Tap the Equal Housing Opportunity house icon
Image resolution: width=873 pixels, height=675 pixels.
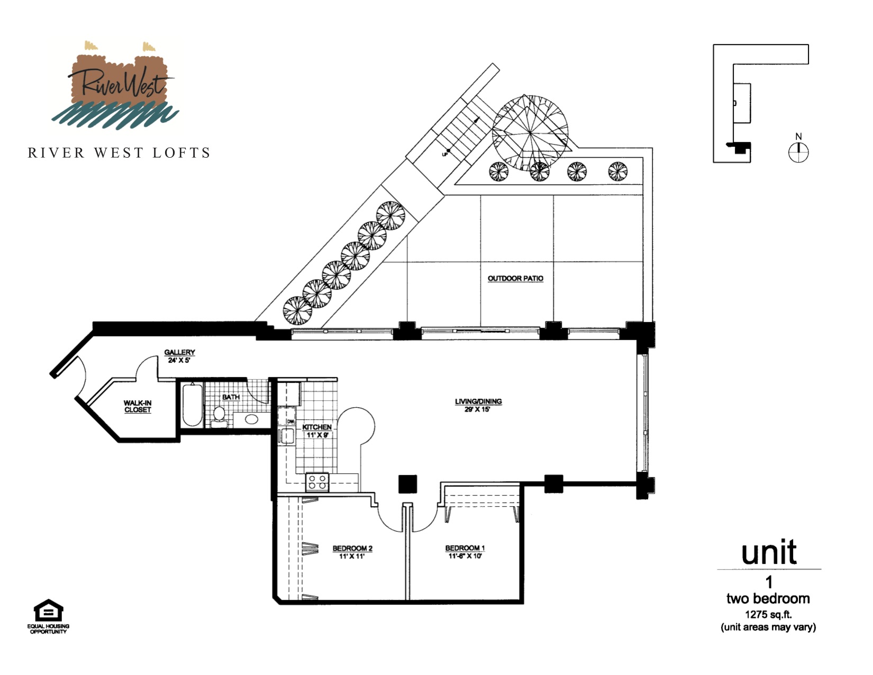(49, 610)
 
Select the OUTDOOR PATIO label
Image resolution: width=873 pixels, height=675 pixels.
(515, 278)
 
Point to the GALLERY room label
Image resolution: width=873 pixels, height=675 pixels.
(179, 352)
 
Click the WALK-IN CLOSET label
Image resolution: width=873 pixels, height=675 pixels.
(138, 406)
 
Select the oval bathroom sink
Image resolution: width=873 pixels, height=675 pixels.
(251, 419)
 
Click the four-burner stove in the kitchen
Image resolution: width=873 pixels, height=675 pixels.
(317, 482)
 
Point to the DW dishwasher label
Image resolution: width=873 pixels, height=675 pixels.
(290, 421)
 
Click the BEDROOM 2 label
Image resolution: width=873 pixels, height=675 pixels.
(352, 548)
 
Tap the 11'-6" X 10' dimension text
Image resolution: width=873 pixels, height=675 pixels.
(465, 556)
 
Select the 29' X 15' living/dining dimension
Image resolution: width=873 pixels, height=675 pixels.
(478, 409)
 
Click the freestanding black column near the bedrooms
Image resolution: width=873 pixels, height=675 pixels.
(407, 484)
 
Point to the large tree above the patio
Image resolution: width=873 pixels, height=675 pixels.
(530, 133)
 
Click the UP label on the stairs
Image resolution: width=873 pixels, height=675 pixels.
(445, 155)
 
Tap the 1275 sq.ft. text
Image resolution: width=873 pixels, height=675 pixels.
(768, 614)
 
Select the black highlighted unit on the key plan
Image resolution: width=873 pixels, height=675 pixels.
(739, 147)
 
